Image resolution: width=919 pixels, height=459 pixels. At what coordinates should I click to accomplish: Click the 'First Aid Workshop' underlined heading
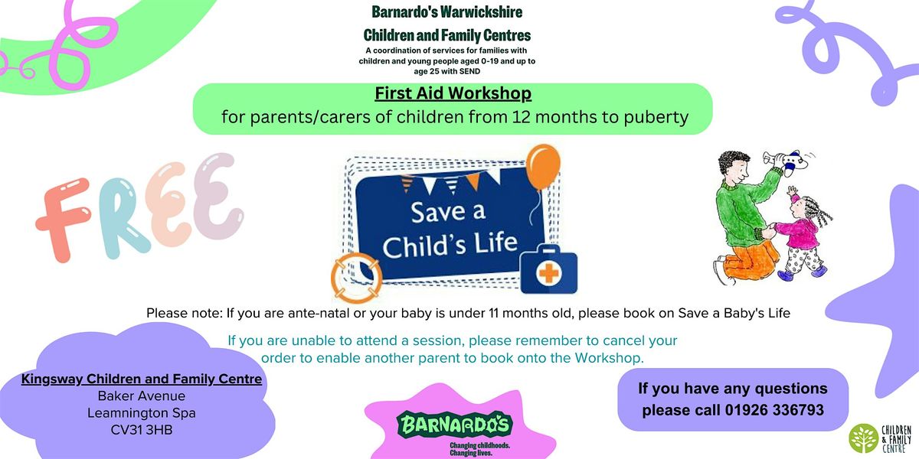453,94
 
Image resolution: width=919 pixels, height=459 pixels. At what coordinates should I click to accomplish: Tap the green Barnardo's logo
453,422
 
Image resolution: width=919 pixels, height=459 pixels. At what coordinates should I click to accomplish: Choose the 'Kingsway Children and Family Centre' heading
142,379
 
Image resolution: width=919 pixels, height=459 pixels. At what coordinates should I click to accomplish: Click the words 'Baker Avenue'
141,396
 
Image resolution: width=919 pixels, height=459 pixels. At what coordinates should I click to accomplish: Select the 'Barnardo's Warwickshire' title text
446,12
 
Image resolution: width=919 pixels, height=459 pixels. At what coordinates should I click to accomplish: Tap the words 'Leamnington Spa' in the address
141,413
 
